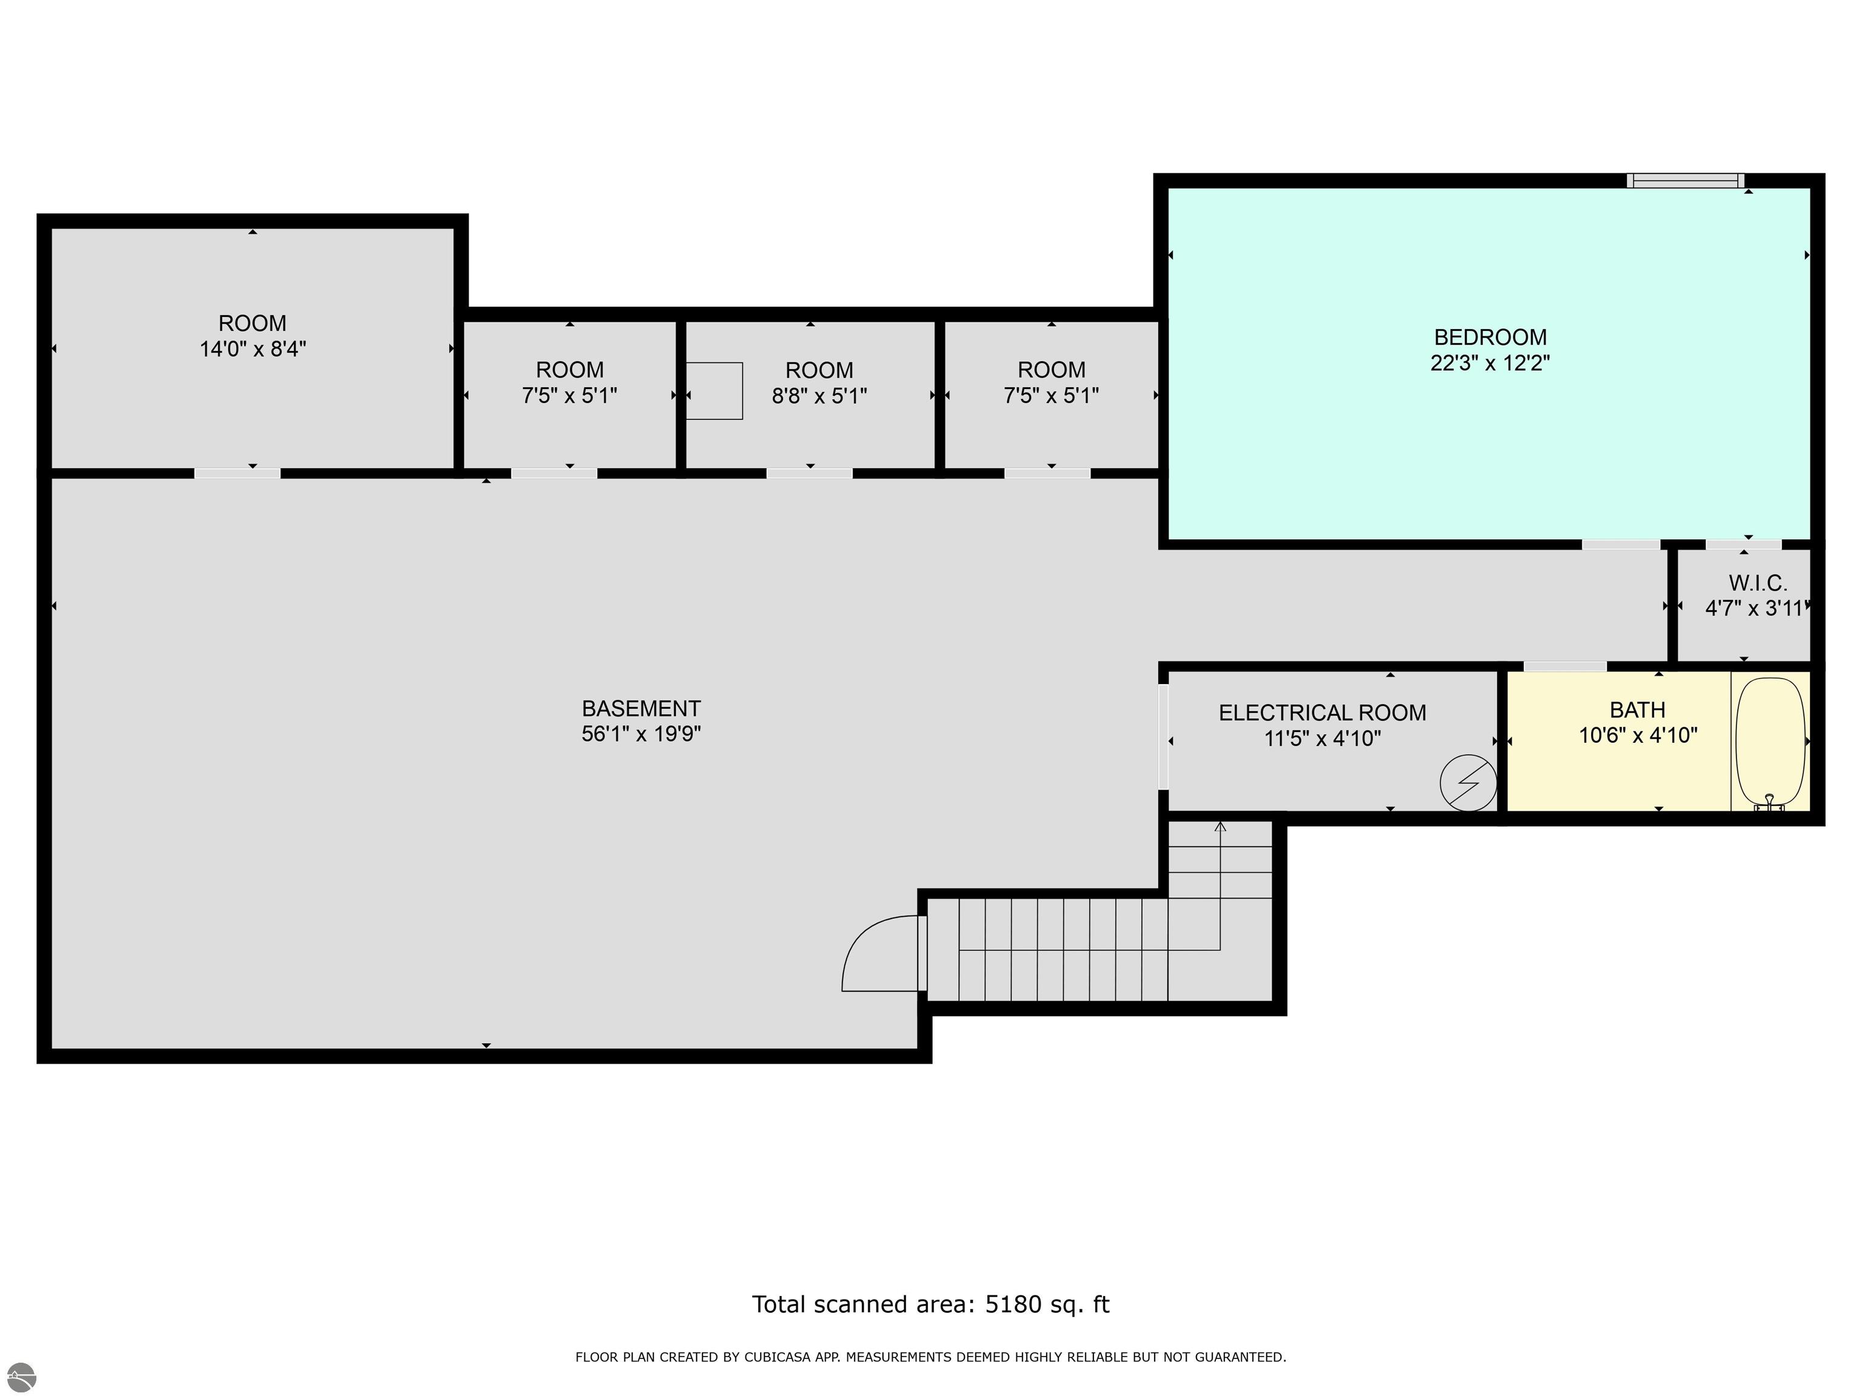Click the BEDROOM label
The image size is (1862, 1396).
1490,337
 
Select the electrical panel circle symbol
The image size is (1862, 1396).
1468,783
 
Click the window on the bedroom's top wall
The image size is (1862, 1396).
1685,180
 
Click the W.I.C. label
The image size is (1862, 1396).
1758,583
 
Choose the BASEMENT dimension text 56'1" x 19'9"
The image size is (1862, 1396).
641,734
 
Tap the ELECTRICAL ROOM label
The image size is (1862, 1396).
1323,713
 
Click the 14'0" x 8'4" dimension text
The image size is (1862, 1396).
253,349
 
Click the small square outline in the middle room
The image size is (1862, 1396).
714,390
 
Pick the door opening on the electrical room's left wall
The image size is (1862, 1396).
1163,737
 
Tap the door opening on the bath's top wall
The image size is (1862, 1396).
1565,666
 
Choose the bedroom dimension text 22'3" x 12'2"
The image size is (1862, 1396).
1490,364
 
